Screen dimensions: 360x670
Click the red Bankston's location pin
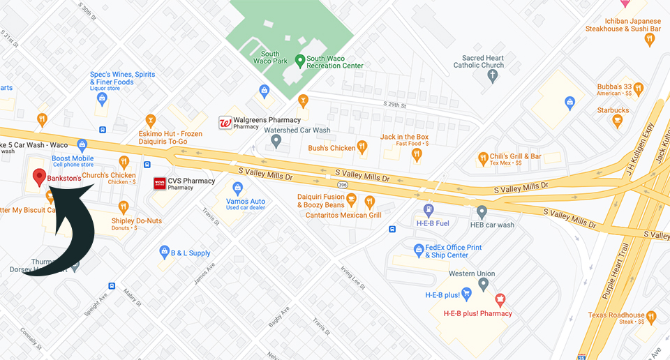click(40, 177)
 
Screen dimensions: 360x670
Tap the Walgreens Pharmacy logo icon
click(225, 123)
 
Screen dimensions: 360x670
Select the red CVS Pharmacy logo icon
click(160, 183)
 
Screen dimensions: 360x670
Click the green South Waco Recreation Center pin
click(299, 61)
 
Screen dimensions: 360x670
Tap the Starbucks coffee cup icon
click(616, 121)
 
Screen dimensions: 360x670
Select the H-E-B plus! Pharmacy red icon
click(500, 300)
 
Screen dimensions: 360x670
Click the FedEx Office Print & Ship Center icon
click(419, 249)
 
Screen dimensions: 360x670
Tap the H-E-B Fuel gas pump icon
click(429, 209)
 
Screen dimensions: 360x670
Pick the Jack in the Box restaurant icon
click(417, 153)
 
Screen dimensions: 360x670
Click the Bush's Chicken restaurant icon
click(362, 147)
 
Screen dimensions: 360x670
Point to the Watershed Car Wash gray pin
click(276, 142)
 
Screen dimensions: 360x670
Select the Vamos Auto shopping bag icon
click(237, 188)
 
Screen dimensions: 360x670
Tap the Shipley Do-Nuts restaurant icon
click(124, 207)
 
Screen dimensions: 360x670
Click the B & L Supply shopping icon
click(165, 251)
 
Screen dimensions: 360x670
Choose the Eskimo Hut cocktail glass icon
click(149, 120)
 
